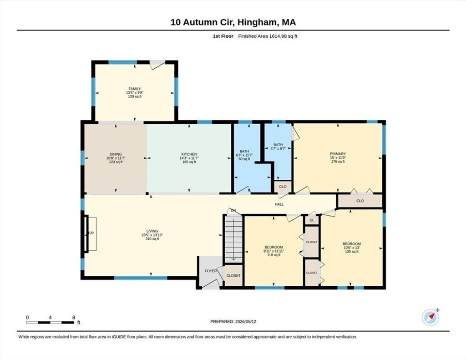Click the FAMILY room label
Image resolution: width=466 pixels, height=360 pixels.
point(135,89)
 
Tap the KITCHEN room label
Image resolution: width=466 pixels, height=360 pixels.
point(189,154)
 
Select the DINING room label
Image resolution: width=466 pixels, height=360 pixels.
point(116,154)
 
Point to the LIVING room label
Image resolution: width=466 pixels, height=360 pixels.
point(152,231)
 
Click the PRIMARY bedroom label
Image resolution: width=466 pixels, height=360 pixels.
point(338,154)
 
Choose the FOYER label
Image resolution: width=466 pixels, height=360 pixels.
point(211,271)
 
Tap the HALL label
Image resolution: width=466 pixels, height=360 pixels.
point(279,204)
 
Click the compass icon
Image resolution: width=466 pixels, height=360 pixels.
point(431,318)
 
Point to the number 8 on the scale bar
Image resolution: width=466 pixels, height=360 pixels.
point(73,318)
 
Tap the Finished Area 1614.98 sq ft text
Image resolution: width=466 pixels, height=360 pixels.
point(268,36)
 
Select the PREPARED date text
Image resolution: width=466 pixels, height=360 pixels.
point(233,321)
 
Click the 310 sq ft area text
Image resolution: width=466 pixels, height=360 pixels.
point(152,239)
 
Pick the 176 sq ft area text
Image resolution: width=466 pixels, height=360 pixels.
point(338,162)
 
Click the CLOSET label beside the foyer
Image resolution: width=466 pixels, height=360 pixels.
point(233,275)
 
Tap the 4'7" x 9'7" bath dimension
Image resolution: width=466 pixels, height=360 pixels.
point(278,148)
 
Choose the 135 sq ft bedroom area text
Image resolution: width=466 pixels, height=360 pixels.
point(352,251)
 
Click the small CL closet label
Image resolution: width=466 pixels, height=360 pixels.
point(312,220)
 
